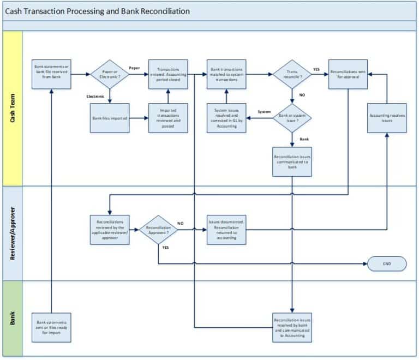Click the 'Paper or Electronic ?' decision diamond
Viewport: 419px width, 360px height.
pos(110,74)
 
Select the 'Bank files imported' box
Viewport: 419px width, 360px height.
pos(110,118)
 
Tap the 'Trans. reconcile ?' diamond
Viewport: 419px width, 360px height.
pos(292,74)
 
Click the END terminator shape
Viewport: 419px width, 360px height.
pos(387,263)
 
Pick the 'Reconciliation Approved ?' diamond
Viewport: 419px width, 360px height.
pos(158,229)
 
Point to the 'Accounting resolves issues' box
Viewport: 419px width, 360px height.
pos(387,118)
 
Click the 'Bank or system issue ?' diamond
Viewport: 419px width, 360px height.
pos(292,118)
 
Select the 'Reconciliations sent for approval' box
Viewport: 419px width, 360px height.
pos(348,74)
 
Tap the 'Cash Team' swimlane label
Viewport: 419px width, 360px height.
pos(13,109)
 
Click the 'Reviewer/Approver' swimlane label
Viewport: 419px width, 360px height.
pos(13,233)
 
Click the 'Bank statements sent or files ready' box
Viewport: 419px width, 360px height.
pos(51,327)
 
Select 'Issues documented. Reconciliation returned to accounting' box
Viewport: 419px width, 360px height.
pos(226,229)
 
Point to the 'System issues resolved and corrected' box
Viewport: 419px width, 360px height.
pos(226,118)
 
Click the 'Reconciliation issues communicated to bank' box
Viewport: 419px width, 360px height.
pos(292,161)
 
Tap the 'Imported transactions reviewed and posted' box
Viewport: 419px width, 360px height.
pos(168,118)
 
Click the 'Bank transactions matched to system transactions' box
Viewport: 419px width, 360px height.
pos(226,74)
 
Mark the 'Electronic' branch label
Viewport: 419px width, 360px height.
pos(96,97)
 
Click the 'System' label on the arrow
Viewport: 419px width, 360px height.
pos(264,112)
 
